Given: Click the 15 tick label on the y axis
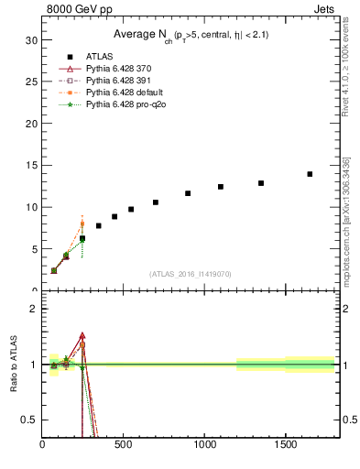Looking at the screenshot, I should tap(31, 165).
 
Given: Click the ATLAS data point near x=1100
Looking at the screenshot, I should tap(221, 187).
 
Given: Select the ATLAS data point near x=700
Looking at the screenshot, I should tap(156, 202).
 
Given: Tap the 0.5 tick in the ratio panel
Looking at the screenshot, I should tap(29, 420).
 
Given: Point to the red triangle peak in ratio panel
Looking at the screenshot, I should tap(82, 336).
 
